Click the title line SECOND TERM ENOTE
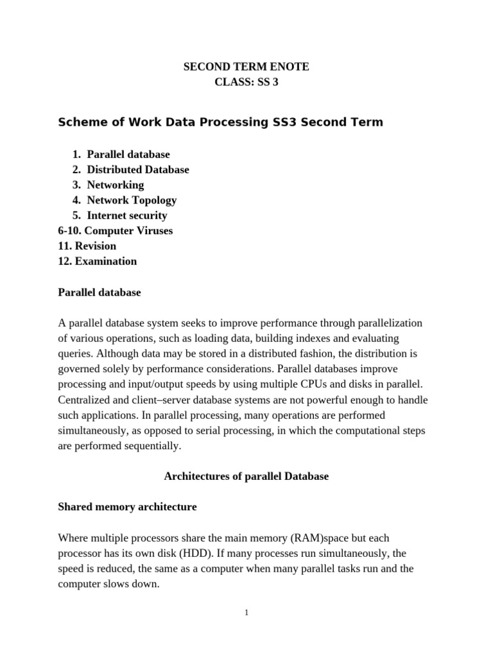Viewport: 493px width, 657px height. (246, 67)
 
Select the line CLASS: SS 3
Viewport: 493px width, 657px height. (246, 82)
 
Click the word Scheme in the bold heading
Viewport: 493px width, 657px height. (80, 122)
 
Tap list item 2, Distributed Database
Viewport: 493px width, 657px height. (138, 169)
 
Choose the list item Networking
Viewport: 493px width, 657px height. (116, 185)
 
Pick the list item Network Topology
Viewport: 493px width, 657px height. (132, 200)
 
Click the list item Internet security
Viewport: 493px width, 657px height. (127, 216)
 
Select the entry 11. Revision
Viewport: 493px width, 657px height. (87, 246)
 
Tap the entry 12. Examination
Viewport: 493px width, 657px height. (98, 261)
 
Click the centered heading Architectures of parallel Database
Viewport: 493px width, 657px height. (246, 476)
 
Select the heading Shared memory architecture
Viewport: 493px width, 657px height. (127, 507)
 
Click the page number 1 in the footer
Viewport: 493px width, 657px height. (246, 613)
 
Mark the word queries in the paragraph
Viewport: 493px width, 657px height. (74, 353)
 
